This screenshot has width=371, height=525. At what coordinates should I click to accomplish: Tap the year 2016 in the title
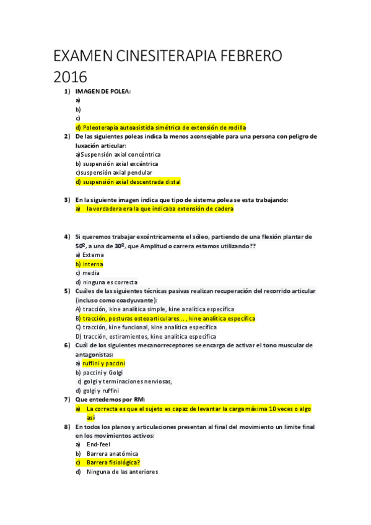tap(70, 78)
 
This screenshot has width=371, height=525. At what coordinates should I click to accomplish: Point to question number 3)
tap(67, 200)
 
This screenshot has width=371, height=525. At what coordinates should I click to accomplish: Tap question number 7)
tap(67, 400)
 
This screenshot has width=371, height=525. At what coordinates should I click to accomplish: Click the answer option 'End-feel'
tap(99, 445)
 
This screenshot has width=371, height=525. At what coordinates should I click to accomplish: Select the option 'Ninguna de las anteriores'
tap(122, 472)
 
